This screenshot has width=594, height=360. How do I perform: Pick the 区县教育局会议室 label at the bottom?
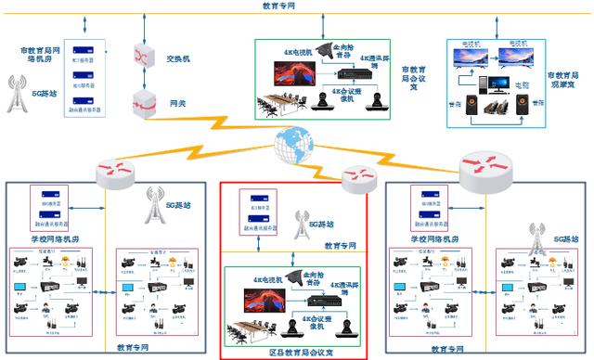(x=295, y=352)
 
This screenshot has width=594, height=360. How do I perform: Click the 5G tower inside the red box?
(x=299, y=224)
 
